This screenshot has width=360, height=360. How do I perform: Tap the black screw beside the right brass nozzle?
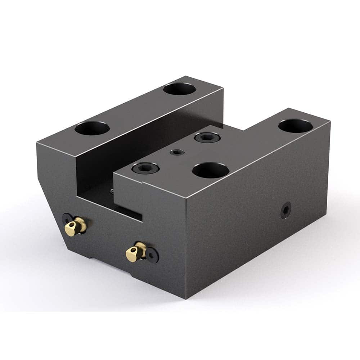(153, 256)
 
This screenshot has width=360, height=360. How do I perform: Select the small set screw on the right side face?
(286, 211)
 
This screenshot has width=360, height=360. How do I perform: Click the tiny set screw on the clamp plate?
(177, 152)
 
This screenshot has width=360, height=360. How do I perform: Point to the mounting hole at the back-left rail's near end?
(93, 128)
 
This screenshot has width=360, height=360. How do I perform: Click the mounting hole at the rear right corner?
(295, 126)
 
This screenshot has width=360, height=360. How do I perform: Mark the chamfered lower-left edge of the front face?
(49, 202)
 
